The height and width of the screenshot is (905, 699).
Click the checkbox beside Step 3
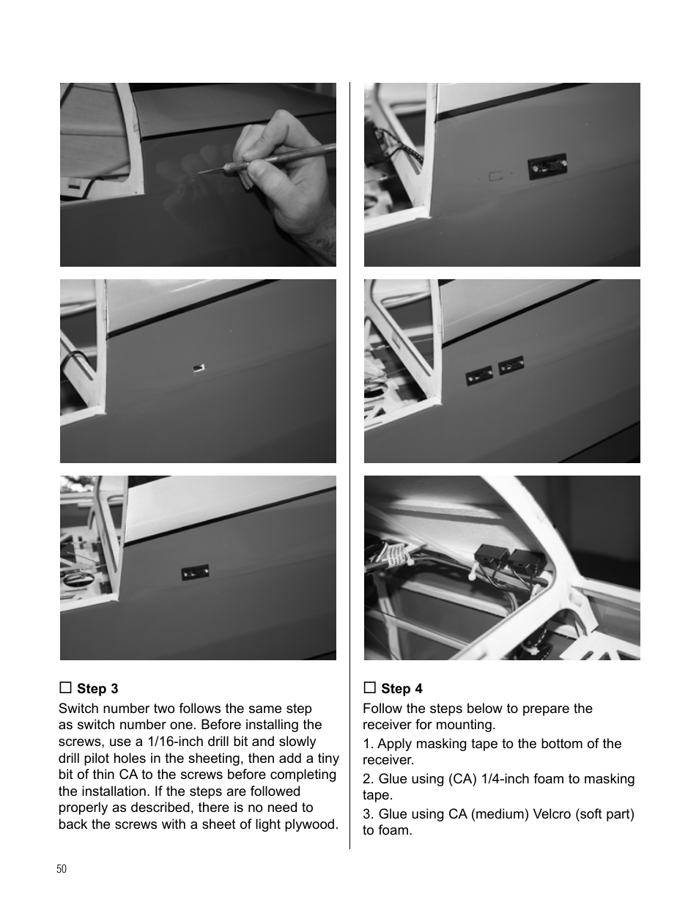point(65,687)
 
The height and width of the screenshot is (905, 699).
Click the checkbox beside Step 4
point(369,687)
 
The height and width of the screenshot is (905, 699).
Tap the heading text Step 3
point(97,689)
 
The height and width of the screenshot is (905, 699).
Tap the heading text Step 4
point(402,689)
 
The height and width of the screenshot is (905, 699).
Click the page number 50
point(61,868)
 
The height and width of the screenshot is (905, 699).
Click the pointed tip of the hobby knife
point(200,173)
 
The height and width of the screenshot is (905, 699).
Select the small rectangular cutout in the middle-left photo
point(197,366)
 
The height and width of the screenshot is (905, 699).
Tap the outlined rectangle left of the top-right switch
point(495,176)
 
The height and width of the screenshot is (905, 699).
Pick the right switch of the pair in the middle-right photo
point(510,364)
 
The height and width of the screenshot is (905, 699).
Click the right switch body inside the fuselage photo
point(523,562)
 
